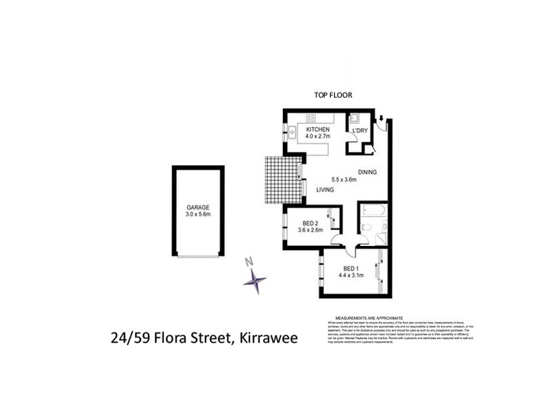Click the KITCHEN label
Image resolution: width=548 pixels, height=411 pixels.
pyautogui.click(x=318, y=130)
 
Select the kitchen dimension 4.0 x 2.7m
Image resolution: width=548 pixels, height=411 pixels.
pyautogui.click(x=318, y=138)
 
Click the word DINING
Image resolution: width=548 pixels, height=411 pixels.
pyautogui.click(x=367, y=172)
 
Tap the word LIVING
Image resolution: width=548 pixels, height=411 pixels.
pyautogui.click(x=325, y=190)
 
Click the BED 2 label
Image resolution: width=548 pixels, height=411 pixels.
pyautogui.click(x=312, y=222)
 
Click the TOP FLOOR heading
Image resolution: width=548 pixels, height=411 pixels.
pyautogui.click(x=333, y=96)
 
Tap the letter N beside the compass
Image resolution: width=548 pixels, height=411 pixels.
pyautogui.click(x=250, y=261)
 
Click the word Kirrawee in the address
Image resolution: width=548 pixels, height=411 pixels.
pyautogui.click(x=263, y=338)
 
